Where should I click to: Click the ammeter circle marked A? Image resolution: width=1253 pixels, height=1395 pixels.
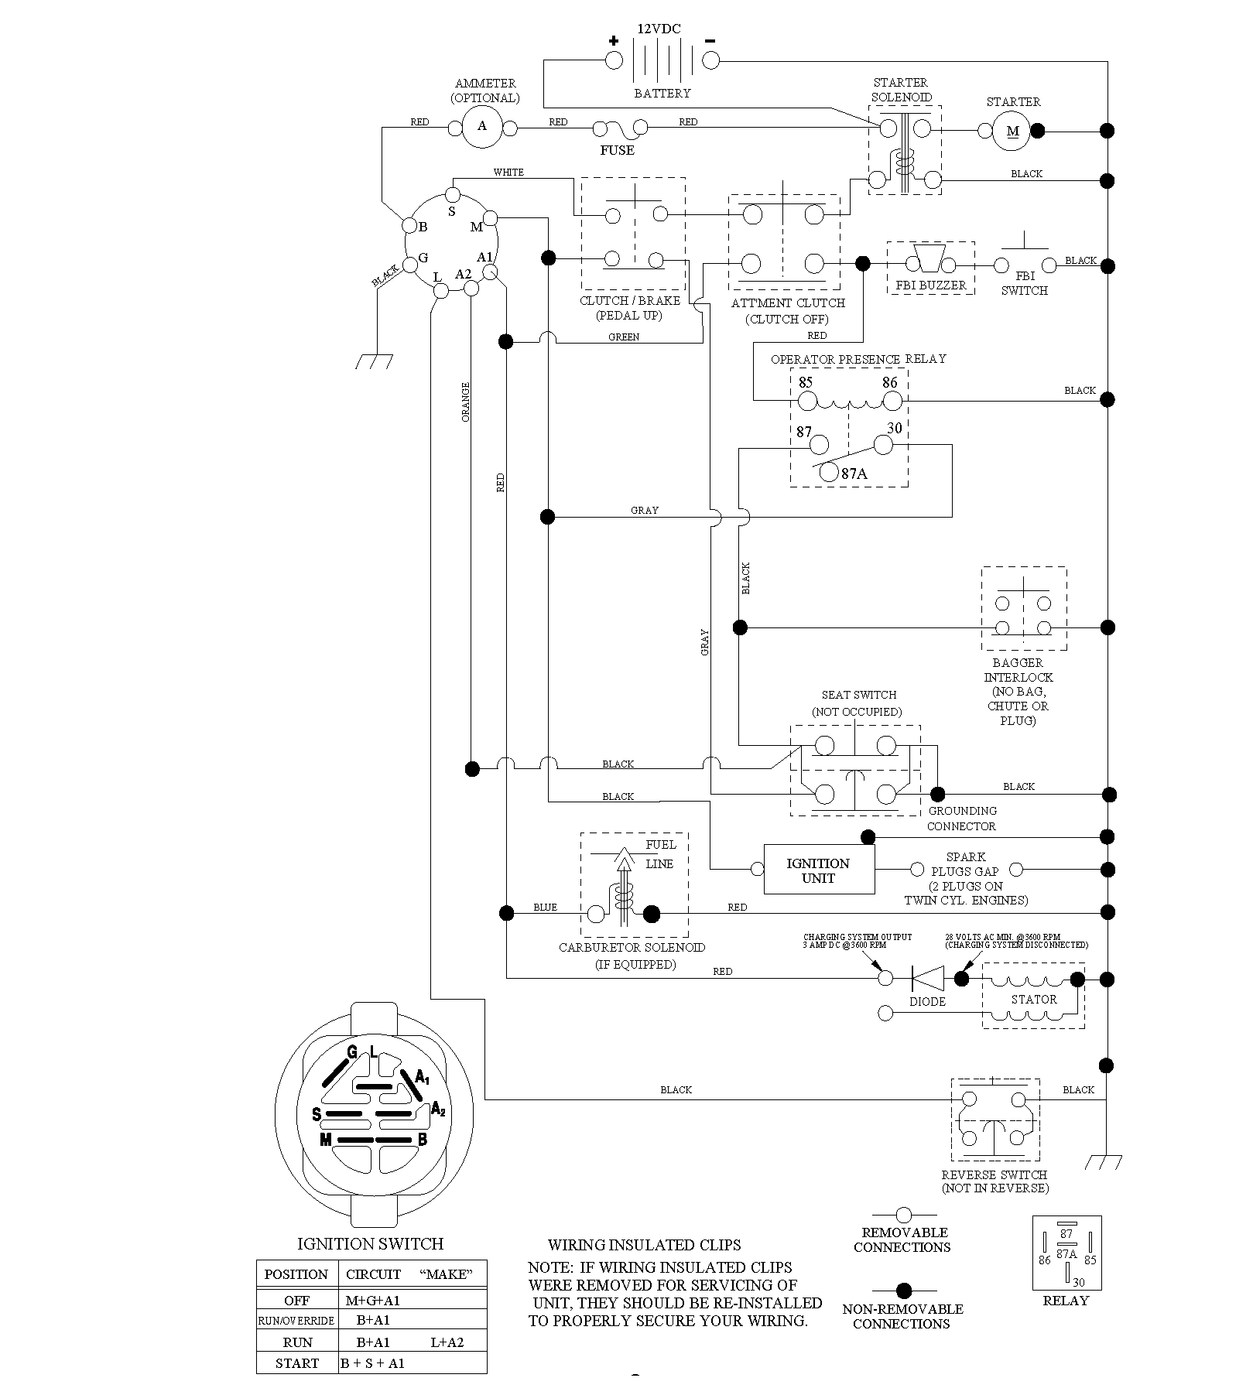tap(482, 126)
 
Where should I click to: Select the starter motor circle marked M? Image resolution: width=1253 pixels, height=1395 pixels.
tap(1013, 131)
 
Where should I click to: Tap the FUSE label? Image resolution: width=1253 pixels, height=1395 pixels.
tap(617, 150)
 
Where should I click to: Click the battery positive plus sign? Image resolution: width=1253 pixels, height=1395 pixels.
tap(614, 41)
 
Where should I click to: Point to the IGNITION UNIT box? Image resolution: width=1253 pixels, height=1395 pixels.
tap(819, 870)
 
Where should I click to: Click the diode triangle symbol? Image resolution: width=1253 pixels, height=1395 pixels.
tap(927, 978)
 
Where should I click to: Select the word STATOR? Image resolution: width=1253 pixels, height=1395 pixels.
tap(1034, 999)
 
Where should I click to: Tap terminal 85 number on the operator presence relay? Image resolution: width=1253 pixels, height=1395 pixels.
tap(806, 382)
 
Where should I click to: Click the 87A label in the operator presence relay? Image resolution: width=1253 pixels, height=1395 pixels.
tap(854, 474)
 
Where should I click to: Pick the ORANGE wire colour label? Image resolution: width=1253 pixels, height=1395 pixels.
tap(466, 402)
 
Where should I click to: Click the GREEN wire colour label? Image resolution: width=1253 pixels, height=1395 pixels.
tap(624, 337)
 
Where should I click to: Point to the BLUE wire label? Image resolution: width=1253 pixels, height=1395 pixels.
tap(545, 907)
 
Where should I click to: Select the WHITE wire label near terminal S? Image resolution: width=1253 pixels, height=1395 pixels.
tap(508, 172)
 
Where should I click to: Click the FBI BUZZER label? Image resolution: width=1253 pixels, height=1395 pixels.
tap(931, 285)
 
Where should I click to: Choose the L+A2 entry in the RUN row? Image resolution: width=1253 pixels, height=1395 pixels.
tap(447, 1342)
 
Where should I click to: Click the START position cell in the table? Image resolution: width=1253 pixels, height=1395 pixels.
tap(297, 1363)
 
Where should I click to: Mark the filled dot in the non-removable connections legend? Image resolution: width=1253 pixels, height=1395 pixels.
tap(903, 1291)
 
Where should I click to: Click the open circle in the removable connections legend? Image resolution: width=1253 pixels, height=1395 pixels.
tap(903, 1215)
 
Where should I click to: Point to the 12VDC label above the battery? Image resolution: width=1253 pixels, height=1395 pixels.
tap(659, 29)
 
